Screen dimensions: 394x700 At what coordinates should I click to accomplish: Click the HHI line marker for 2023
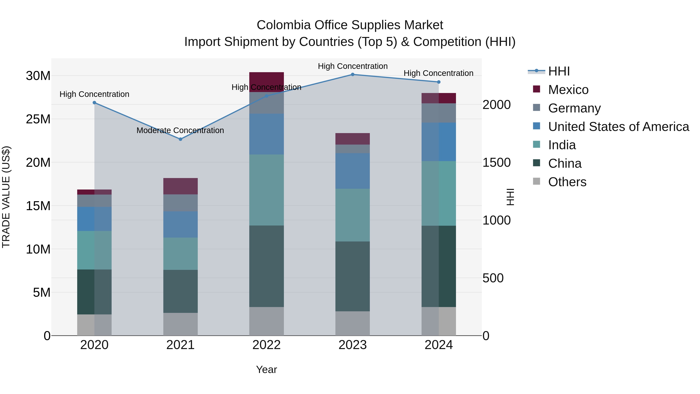tap(353, 74)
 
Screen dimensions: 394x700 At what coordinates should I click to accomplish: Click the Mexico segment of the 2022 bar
tap(266, 82)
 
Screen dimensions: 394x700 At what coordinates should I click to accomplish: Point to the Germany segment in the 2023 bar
tap(353, 148)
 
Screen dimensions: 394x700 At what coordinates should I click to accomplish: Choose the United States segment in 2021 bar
tap(180, 224)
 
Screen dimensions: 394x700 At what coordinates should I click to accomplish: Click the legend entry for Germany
tap(574, 108)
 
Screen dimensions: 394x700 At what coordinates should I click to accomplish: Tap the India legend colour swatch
tap(536, 144)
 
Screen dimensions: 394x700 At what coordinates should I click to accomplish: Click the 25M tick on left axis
tap(38, 119)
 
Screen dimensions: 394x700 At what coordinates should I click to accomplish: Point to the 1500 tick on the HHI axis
tap(496, 163)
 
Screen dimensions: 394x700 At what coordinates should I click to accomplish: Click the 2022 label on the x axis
tap(266, 345)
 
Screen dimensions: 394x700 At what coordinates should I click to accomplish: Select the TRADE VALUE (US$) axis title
tap(6, 197)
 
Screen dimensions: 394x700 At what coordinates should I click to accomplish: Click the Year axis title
tap(266, 369)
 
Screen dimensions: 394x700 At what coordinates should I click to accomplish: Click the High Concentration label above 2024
tap(438, 73)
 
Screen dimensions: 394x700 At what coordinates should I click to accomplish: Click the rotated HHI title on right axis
tap(510, 197)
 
